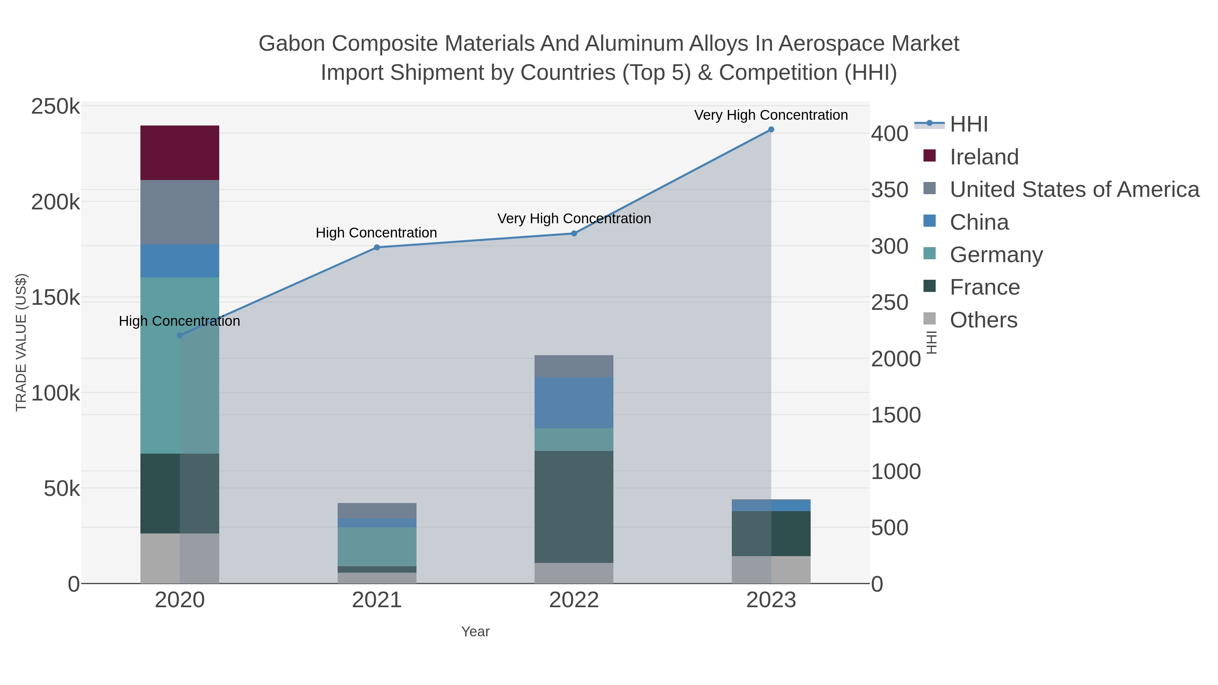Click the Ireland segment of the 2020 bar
[180, 153]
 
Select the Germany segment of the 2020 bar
[180, 365]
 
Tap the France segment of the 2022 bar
[573, 506]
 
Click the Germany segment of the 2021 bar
[377, 547]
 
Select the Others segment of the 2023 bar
[771, 569]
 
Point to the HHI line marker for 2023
[771, 130]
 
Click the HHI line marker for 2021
[377, 247]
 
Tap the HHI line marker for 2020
[180, 336]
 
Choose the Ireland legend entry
[984, 157]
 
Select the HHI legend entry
[968, 124]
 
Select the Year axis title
[475, 632]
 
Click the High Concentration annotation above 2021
[376, 233]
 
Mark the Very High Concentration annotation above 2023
[771, 115]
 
